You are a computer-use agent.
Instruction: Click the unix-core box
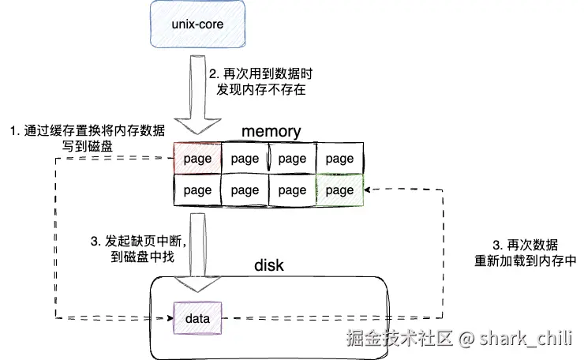click(x=197, y=24)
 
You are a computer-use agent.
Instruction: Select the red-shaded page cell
click(x=197, y=158)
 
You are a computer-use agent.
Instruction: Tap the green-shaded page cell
click(x=339, y=190)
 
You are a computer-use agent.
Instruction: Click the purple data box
click(x=197, y=318)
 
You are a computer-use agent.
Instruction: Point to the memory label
click(x=271, y=132)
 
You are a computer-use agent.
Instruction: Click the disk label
click(x=269, y=265)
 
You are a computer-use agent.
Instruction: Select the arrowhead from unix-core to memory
click(x=198, y=126)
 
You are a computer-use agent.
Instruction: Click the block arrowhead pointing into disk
click(x=198, y=284)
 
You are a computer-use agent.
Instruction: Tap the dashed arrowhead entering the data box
click(x=170, y=318)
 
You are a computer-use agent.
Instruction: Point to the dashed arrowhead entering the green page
click(x=367, y=190)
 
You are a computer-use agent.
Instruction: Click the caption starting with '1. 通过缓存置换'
click(x=88, y=131)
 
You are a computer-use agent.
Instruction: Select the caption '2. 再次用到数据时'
click(x=260, y=73)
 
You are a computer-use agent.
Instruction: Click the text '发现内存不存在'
click(x=261, y=89)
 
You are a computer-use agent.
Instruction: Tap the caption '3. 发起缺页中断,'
click(x=139, y=241)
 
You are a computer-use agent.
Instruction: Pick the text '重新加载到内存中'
click(x=525, y=261)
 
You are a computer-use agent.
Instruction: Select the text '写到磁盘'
click(x=88, y=146)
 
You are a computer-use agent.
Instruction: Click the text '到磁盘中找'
click(x=143, y=257)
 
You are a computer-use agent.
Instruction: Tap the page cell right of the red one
click(x=245, y=158)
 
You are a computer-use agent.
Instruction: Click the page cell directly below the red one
click(x=197, y=190)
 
